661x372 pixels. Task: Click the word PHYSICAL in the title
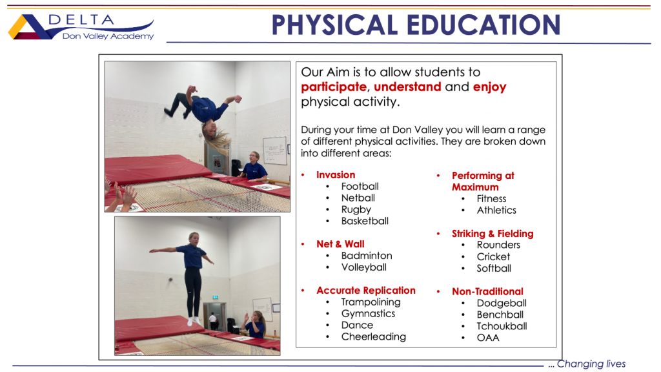tap(335, 25)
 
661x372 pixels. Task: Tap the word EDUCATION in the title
tap(483, 25)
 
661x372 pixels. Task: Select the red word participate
tap(334, 87)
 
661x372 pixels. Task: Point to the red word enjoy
tap(489, 88)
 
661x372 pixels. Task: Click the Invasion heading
tap(336, 174)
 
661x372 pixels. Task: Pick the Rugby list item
tap(356, 210)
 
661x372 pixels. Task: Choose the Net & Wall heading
tap(340, 244)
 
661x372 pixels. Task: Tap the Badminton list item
tap(367, 256)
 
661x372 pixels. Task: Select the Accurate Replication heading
tap(366, 291)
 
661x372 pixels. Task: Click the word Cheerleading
tap(374, 336)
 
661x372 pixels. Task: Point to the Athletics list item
tap(496, 210)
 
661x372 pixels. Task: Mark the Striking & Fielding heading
tap(493, 234)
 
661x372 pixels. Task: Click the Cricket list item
tap(493, 256)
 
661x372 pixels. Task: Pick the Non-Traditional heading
tap(487, 291)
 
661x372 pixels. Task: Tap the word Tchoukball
tap(502, 326)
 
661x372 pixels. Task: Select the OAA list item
tap(488, 338)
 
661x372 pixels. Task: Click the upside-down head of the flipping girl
tap(211, 130)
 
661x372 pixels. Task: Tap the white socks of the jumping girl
tap(194, 322)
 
